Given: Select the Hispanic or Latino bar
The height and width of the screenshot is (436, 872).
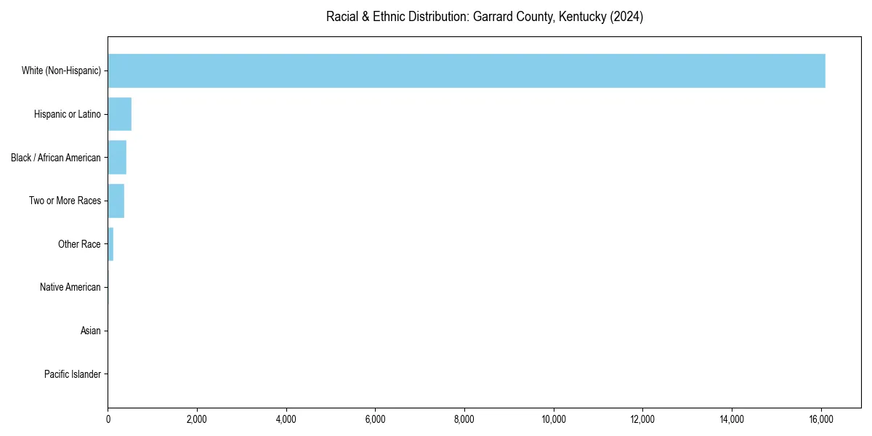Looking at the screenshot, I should coord(120,114).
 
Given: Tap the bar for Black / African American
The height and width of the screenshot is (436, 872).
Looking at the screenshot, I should coord(117,158).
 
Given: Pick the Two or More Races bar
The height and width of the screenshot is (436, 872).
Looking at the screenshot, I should coord(116,201).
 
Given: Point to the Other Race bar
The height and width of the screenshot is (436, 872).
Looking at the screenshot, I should coord(110,244).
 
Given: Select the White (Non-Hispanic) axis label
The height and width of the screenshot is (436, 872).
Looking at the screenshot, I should coord(61,70).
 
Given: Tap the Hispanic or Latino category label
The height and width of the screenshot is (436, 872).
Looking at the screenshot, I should coord(68,114).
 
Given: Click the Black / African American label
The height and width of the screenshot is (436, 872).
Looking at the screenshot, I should coord(56,158).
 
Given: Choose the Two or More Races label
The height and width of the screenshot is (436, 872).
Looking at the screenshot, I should coord(65,201).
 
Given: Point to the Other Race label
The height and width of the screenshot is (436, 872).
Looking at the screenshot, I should coord(79,244).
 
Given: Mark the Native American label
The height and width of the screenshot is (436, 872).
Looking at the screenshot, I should coord(70,287).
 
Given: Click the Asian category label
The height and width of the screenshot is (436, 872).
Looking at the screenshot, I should coord(91,331).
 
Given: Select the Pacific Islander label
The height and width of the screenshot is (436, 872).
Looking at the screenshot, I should coord(73,374).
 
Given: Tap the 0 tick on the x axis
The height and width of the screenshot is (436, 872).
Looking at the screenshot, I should coord(108,419).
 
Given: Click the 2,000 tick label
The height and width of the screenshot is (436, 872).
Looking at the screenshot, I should coord(197,419).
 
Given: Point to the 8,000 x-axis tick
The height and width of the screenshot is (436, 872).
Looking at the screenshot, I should coord(464,419).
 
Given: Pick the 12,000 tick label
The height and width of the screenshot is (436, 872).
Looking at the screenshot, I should coord(643,419).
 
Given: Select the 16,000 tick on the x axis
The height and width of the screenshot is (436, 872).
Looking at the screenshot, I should coord(821,419).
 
